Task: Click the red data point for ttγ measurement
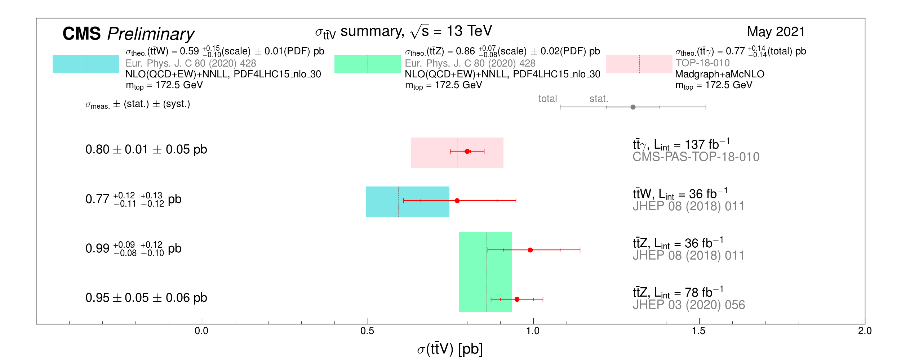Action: click(x=467, y=151)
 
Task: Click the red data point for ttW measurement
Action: click(x=457, y=201)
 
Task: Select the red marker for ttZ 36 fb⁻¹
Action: click(x=530, y=250)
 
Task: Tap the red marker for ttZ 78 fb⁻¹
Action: click(x=517, y=299)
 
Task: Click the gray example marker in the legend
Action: click(x=633, y=107)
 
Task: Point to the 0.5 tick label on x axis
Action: click(x=367, y=331)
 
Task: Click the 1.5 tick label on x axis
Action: click(x=699, y=331)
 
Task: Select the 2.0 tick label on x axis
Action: click(x=865, y=331)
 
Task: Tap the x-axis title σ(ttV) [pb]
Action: click(x=450, y=349)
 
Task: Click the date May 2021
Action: click(x=776, y=32)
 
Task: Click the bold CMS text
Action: click(x=81, y=34)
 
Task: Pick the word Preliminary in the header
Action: click(x=151, y=35)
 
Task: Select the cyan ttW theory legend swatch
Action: click(x=86, y=64)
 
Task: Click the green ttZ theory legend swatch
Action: click(x=367, y=64)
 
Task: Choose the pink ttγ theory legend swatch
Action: click(x=639, y=64)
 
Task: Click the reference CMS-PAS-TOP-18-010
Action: click(x=696, y=157)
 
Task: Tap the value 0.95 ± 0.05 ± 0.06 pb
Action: click(x=146, y=298)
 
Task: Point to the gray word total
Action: click(x=547, y=99)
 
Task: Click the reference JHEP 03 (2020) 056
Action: click(x=689, y=305)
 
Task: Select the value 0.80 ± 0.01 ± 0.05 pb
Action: click(x=146, y=149)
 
